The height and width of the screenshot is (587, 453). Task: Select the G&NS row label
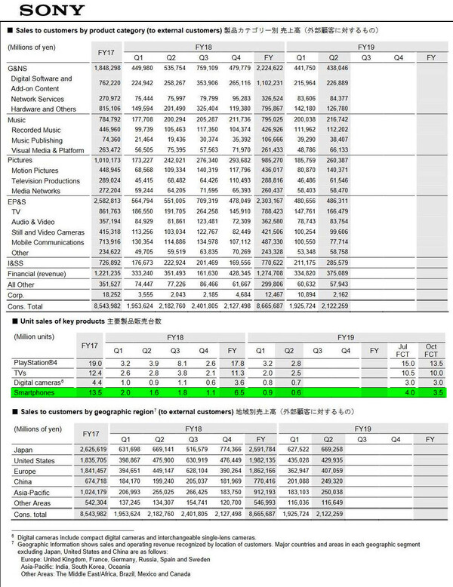tap(17, 69)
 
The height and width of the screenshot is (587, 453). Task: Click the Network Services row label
tap(38, 99)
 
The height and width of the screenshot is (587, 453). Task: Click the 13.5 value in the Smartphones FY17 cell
tap(96, 392)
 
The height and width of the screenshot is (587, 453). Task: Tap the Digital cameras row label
tap(37, 383)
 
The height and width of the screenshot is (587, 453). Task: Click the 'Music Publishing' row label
tap(38, 140)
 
